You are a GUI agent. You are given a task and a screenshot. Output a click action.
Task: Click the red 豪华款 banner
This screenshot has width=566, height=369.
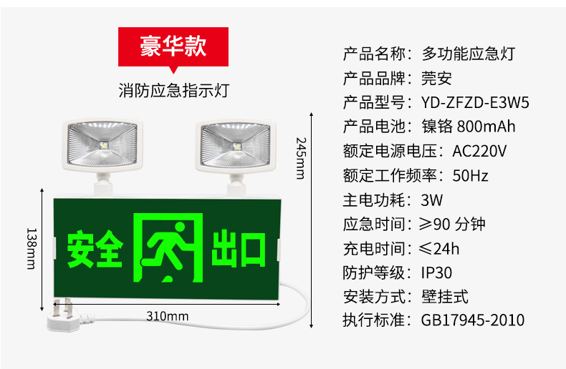point(173,46)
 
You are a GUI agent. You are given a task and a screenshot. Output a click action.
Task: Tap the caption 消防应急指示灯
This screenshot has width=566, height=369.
point(173,91)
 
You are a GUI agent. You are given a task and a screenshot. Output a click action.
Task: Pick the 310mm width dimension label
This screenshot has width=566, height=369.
point(167,316)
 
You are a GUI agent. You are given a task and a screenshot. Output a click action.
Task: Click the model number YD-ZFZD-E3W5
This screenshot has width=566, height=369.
point(475,102)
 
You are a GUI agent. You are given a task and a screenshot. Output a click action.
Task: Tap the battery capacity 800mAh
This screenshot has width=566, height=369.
point(485,127)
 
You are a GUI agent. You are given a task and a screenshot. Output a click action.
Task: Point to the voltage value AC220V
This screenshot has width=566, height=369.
point(479,151)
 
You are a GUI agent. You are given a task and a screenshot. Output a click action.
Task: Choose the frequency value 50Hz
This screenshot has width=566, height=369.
point(471,175)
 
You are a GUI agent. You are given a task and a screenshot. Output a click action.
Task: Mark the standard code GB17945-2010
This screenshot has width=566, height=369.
point(473,320)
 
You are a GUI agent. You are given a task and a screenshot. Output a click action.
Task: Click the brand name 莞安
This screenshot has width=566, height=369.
point(436,78)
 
